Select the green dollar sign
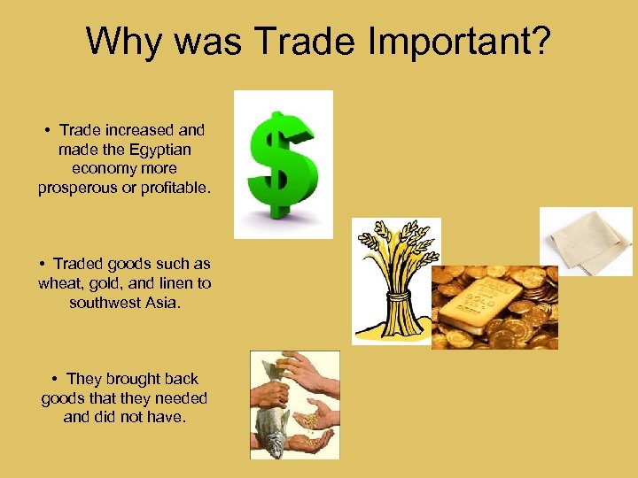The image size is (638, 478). [282, 164]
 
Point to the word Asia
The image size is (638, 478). [160, 302]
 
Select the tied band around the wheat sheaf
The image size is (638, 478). [391, 297]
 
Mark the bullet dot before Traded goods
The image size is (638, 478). [43, 265]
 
